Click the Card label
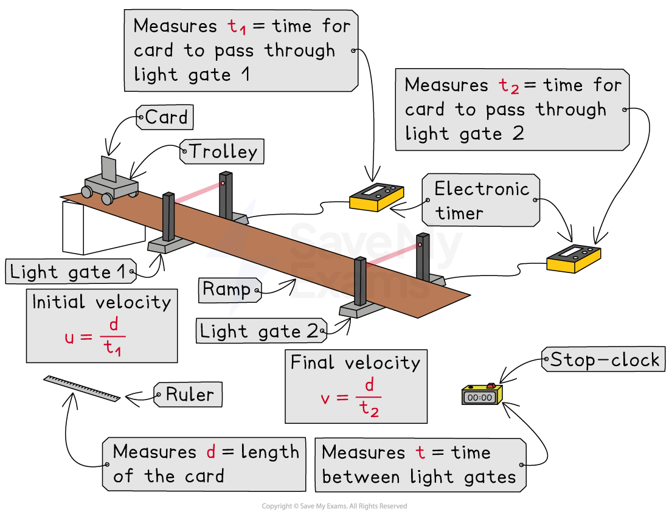[165, 117]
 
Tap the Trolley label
[222, 151]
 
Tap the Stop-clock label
[604, 359]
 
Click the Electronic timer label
[480, 201]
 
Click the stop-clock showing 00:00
[481, 395]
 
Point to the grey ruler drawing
[81, 389]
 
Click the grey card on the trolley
[109, 168]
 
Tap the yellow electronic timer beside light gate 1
[376, 197]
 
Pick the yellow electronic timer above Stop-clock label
[574, 258]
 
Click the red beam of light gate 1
[198, 191]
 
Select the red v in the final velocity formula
[326, 398]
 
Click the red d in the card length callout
[210, 452]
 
